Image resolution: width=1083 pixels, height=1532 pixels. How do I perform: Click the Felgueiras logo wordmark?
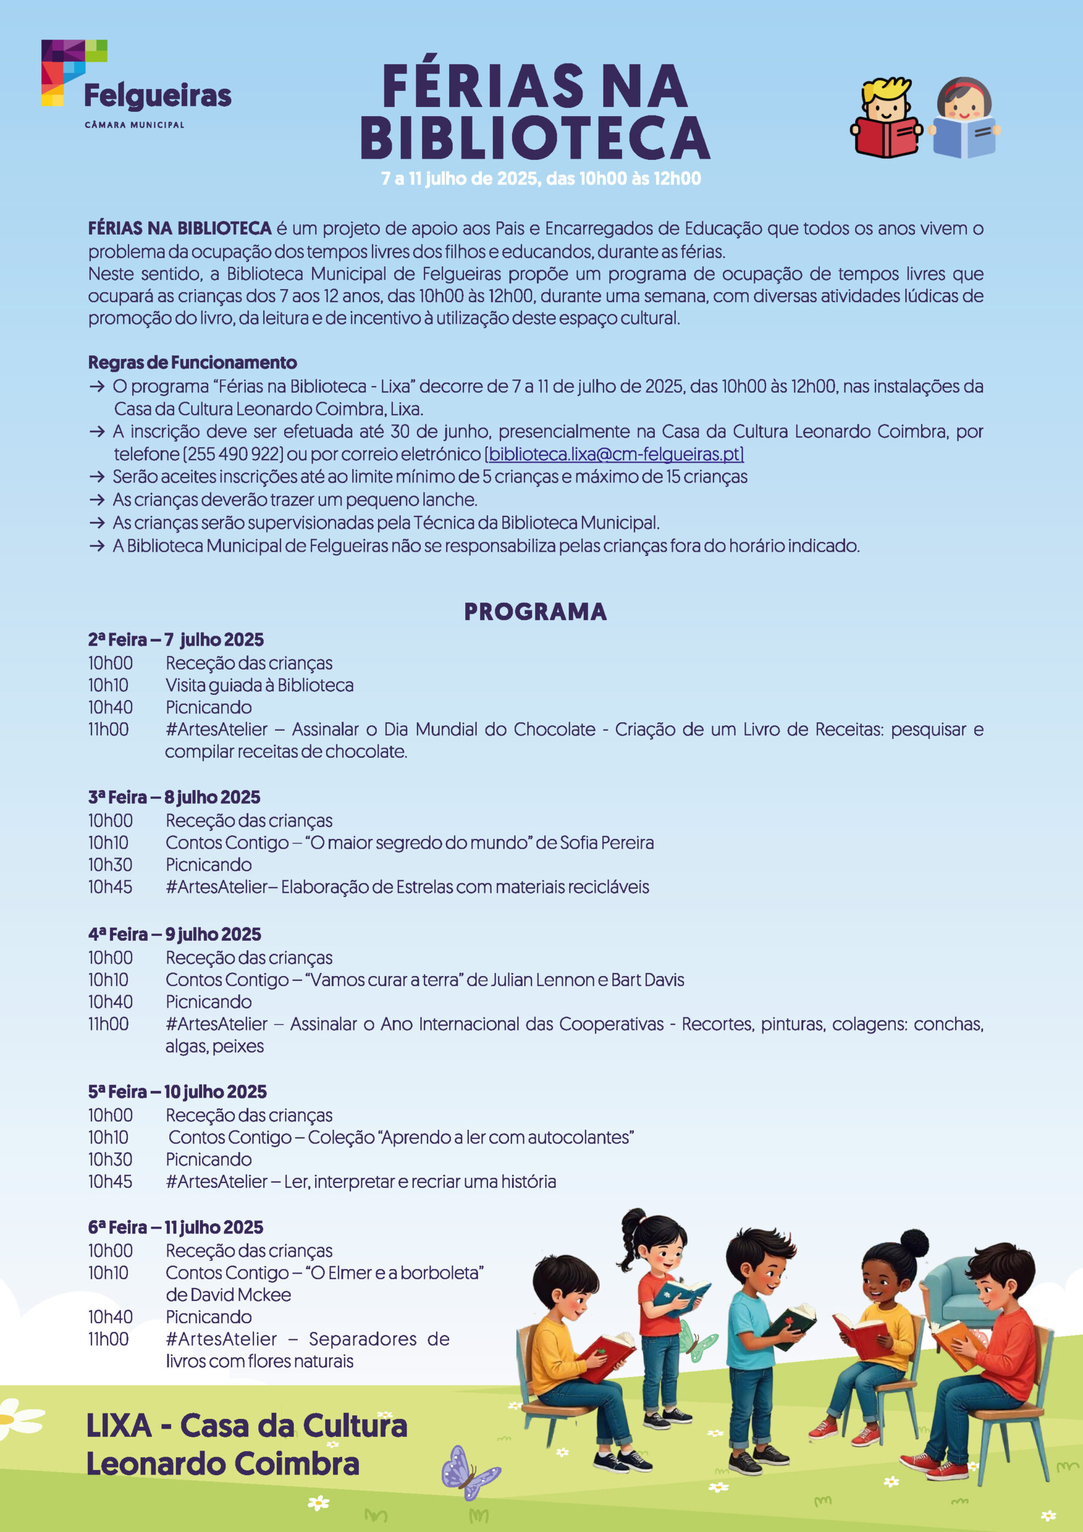(x=157, y=96)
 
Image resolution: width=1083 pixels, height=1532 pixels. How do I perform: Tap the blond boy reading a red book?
(x=886, y=118)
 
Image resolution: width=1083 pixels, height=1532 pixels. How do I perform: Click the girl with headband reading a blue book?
(x=965, y=118)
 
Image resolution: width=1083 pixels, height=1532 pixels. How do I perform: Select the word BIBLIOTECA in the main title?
(x=535, y=138)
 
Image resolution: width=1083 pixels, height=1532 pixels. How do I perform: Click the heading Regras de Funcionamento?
(x=192, y=362)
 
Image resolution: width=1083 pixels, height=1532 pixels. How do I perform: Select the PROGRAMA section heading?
(x=535, y=611)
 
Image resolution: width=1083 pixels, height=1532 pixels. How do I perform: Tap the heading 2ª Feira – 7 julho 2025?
(x=175, y=639)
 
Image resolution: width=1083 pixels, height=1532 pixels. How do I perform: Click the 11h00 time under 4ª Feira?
(x=109, y=1023)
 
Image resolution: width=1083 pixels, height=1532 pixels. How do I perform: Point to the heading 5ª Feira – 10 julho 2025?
(x=177, y=1092)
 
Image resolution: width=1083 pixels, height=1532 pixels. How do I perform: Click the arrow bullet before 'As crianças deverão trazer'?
(x=97, y=500)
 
